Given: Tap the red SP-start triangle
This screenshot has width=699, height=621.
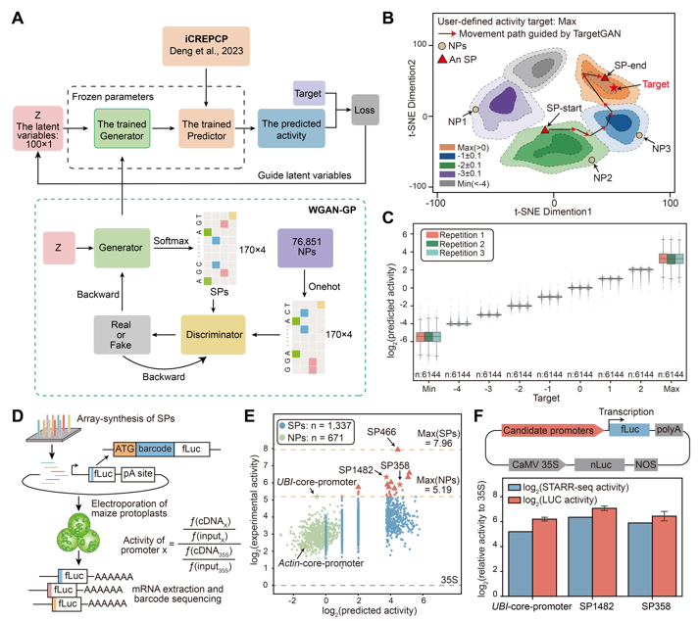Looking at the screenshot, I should [545, 129].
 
